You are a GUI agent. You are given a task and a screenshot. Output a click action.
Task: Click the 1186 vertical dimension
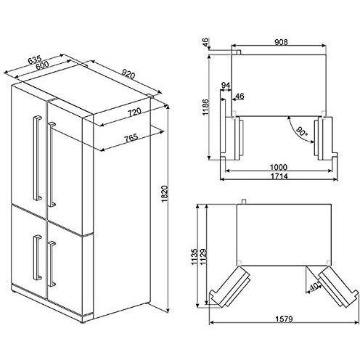point(205,107)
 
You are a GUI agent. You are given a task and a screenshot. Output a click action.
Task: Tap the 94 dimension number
point(226,86)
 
